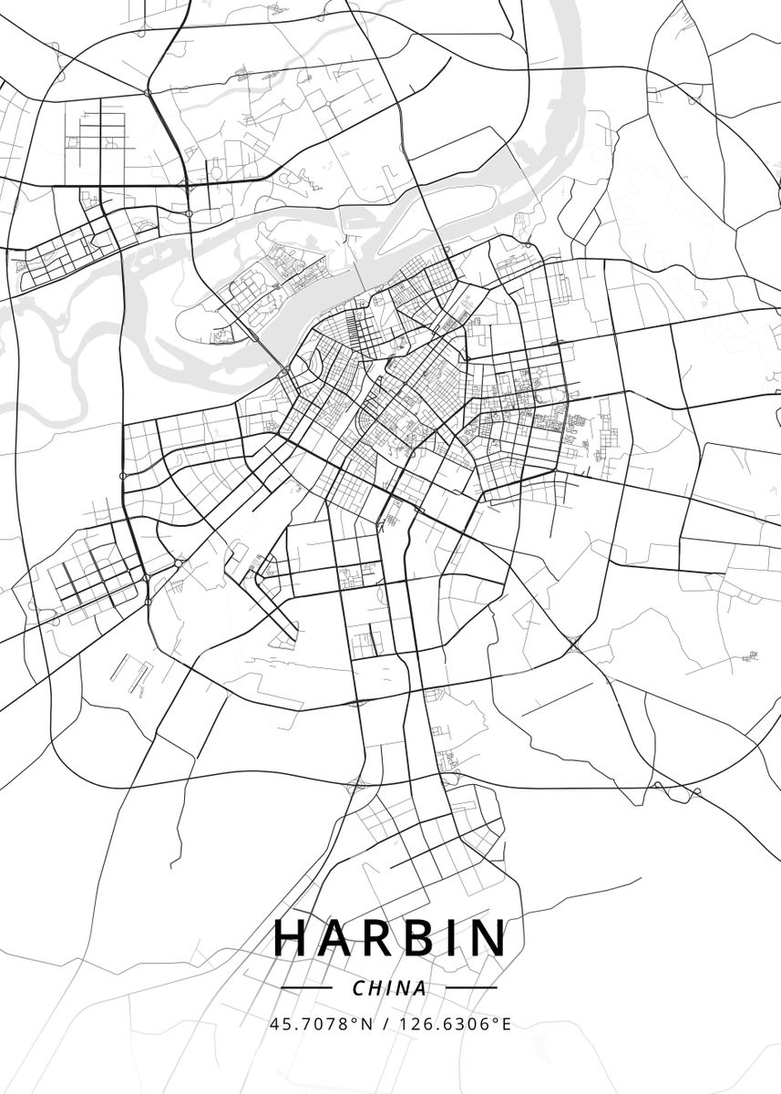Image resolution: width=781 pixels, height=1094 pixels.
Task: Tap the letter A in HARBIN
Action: [337, 937]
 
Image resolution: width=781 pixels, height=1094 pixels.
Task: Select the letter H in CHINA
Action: [375, 988]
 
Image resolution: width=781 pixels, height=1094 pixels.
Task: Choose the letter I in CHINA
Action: [388, 988]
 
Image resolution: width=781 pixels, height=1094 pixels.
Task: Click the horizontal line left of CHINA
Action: [305, 987]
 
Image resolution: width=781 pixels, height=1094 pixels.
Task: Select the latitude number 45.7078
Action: [310, 1024]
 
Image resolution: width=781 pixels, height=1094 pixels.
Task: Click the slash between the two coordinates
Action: [387, 1024]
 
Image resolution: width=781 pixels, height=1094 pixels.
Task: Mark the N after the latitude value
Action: [367, 1024]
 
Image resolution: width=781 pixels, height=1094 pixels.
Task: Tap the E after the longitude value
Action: [507, 1024]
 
